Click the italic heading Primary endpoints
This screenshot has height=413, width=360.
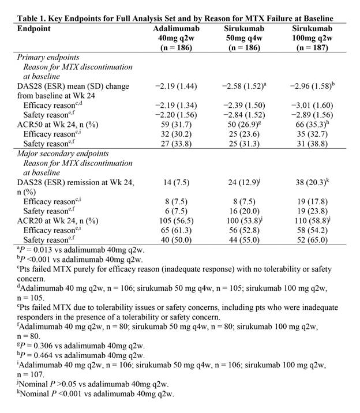pyautogui.click(x=50, y=58)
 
